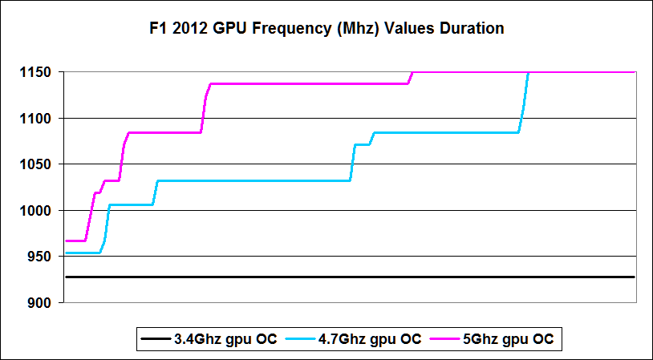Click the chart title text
[x=326, y=29]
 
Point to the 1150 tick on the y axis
[x=37, y=73]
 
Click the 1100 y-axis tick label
[x=37, y=119]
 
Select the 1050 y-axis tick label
[x=37, y=165]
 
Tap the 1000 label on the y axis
[x=37, y=211]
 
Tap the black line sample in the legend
[x=153, y=339]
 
